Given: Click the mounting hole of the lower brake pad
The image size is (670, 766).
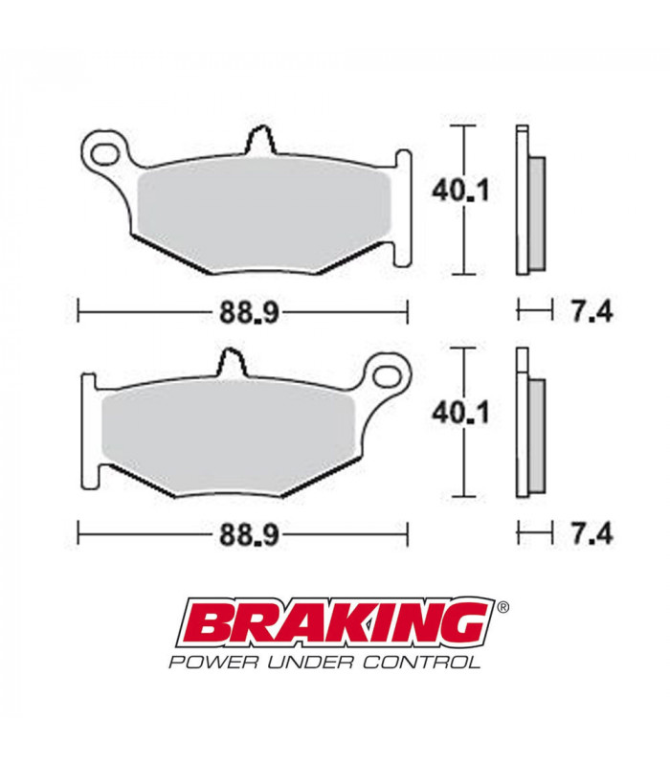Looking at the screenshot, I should pyautogui.click(x=389, y=370).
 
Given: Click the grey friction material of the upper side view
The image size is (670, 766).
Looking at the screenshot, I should pyautogui.click(x=537, y=214).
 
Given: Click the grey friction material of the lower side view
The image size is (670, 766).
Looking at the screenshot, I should pyautogui.click(x=536, y=435).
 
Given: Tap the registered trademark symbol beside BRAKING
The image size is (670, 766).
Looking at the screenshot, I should pyautogui.click(x=504, y=607).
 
